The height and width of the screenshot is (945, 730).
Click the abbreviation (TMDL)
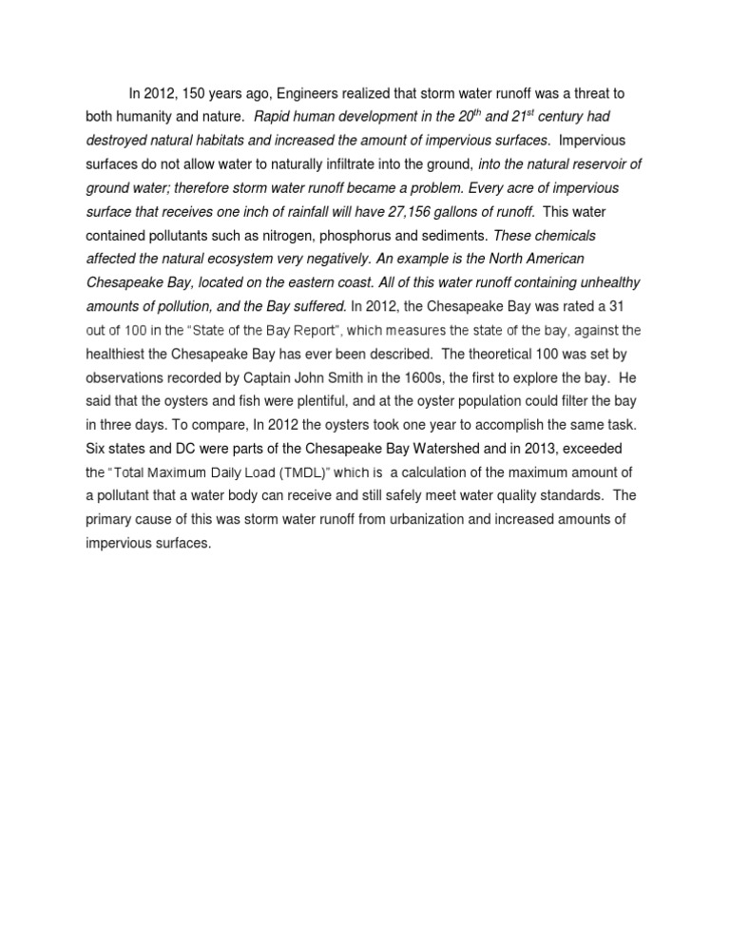click(303, 472)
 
